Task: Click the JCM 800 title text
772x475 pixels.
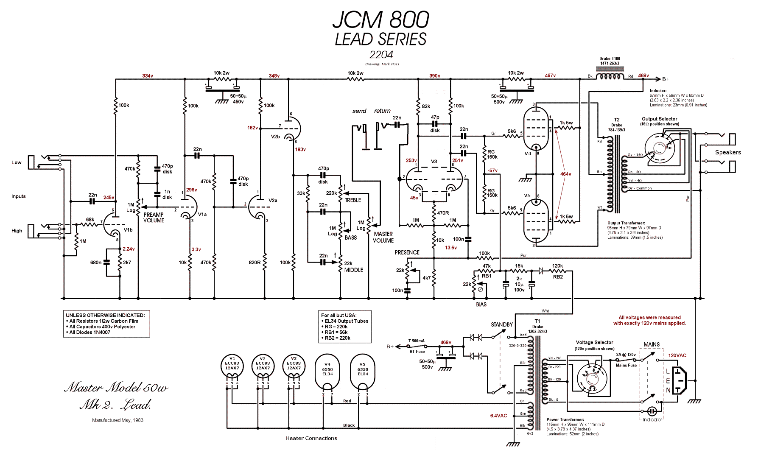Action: click(380, 20)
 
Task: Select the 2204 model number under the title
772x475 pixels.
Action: click(381, 55)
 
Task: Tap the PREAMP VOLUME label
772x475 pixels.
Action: click(154, 218)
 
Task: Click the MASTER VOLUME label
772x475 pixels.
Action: click(383, 237)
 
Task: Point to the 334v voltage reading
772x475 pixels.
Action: click(148, 76)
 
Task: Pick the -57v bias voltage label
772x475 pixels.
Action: click(492, 170)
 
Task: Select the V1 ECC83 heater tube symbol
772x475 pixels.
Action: click(232, 366)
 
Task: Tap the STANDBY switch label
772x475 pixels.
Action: click(502, 324)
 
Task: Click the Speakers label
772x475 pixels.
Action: click(728, 152)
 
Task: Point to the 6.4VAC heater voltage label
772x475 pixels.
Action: click(498, 416)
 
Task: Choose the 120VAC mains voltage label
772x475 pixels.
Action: click(677, 355)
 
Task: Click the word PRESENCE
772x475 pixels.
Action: click(407, 252)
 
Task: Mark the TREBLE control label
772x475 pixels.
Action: click(353, 200)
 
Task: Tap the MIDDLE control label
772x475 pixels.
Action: click(354, 270)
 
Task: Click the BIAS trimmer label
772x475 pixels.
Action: click(481, 305)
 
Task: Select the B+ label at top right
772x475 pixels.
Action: click(666, 79)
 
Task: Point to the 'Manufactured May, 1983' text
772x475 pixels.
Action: click(117, 420)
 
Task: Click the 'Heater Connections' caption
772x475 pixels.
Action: click(311, 438)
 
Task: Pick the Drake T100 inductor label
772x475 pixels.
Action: click(610, 61)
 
